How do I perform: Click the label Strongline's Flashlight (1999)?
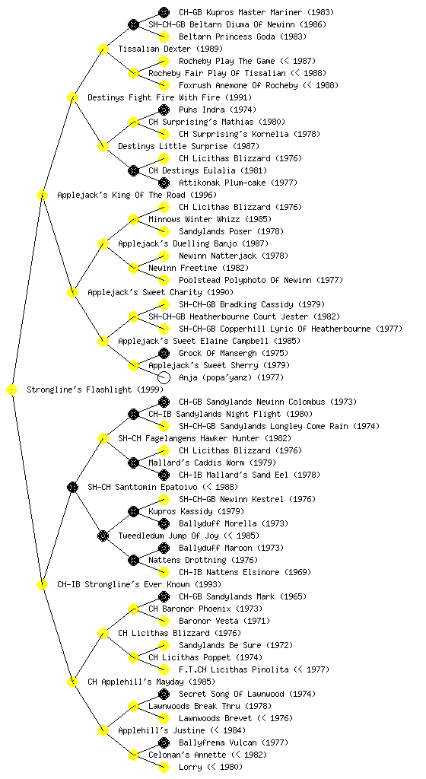click(88, 390)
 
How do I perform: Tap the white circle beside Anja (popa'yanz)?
click(164, 377)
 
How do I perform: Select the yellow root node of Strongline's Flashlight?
click(12, 390)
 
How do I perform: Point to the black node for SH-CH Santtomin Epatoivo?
click(72, 488)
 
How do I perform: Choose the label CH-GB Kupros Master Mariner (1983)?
click(256, 12)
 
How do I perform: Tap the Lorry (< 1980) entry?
click(211, 767)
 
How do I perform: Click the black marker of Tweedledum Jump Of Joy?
click(103, 536)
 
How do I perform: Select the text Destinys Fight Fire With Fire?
click(154, 98)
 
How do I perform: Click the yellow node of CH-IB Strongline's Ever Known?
click(42, 585)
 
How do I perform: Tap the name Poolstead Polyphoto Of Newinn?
click(245, 280)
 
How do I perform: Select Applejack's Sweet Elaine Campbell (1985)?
click(209, 342)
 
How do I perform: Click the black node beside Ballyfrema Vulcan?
click(164, 742)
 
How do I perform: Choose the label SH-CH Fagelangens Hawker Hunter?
click(189, 439)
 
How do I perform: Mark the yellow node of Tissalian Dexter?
click(103, 49)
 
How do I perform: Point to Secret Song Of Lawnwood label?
click(231, 694)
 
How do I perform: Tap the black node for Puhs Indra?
click(164, 110)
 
